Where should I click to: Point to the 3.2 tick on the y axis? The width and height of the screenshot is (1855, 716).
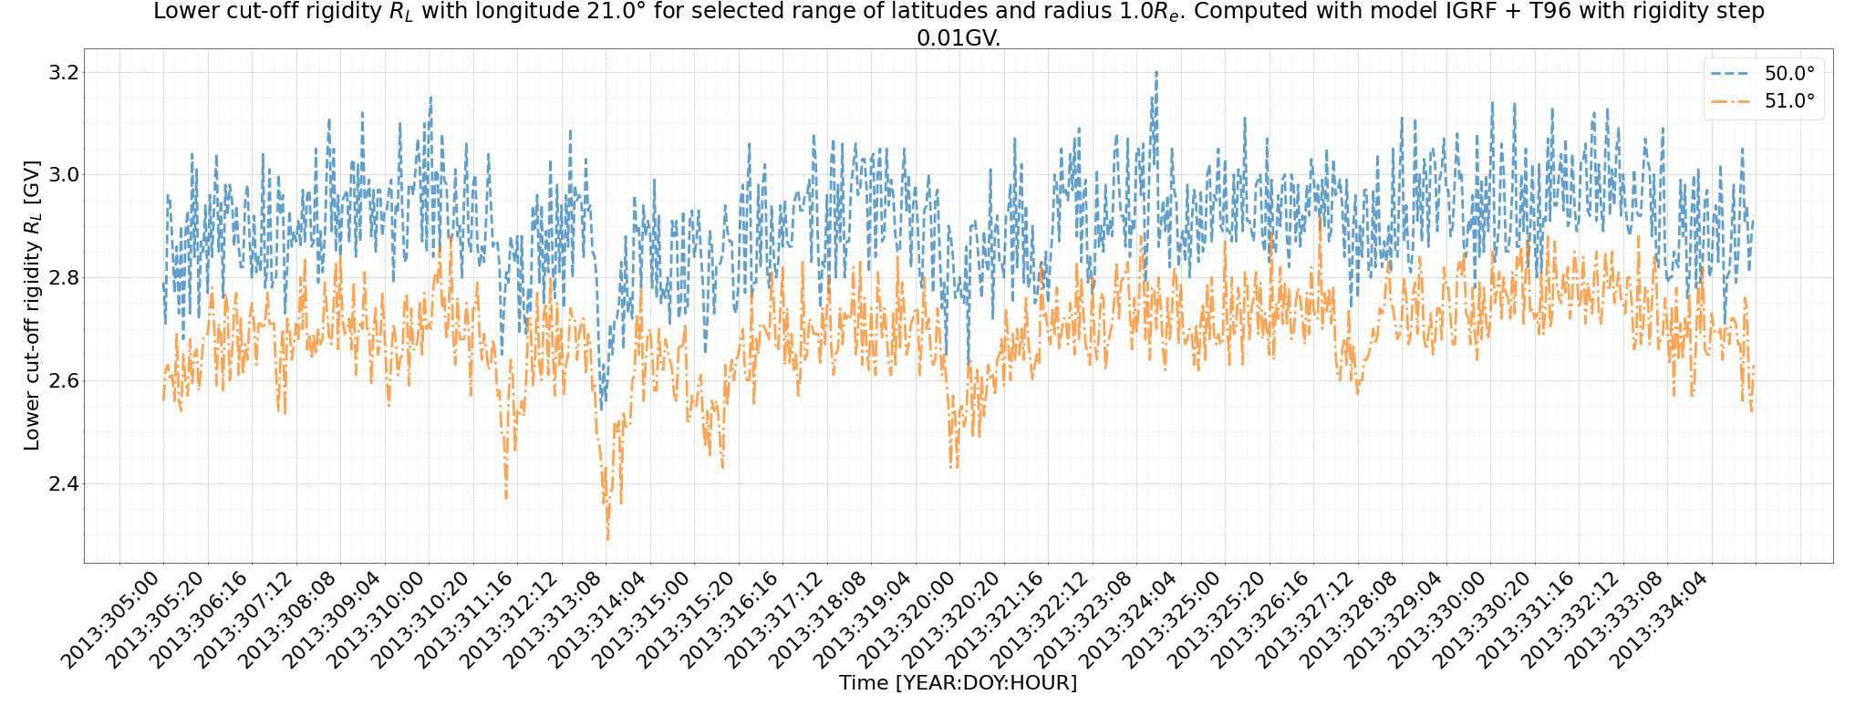(x=65, y=72)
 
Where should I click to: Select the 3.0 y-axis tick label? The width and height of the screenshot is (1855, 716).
(x=65, y=174)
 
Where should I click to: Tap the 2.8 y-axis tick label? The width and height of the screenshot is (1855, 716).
(x=65, y=277)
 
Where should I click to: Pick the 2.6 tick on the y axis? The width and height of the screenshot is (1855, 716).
(x=65, y=380)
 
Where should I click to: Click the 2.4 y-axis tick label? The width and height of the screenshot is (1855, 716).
(x=65, y=483)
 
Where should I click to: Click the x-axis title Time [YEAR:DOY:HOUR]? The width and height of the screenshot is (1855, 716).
(x=958, y=682)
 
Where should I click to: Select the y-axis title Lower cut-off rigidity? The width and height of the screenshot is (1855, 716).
(x=32, y=306)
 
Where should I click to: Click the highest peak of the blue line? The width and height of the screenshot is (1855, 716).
(x=1156, y=71)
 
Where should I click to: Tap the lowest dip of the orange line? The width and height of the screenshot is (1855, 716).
(x=607, y=540)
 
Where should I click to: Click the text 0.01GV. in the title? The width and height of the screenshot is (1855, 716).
(x=958, y=38)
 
